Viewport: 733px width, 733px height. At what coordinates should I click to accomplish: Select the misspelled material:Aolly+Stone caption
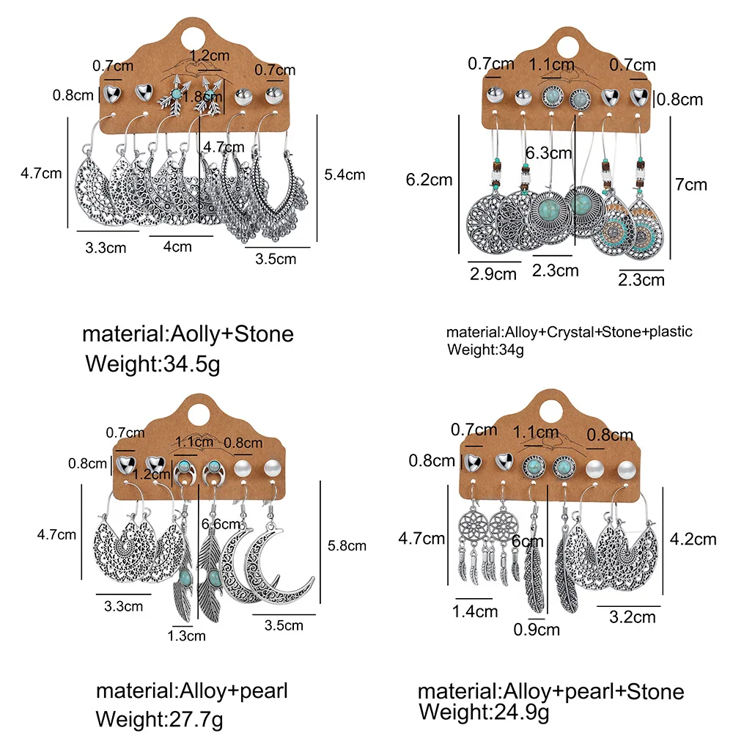(x=188, y=334)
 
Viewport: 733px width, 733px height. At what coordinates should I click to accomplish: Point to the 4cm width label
(x=177, y=246)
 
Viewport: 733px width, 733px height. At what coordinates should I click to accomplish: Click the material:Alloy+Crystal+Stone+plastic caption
(x=569, y=331)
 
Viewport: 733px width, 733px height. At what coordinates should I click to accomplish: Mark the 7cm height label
(x=692, y=184)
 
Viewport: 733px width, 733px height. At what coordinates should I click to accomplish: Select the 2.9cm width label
(x=493, y=274)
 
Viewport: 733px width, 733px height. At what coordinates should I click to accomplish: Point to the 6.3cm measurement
(x=548, y=154)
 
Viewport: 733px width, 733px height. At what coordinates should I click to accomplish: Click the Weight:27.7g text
(x=163, y=716)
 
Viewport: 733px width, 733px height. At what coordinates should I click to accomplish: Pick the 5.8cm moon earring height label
(x=347, y=545)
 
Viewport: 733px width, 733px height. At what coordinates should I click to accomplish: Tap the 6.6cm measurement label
(x=220, y=523)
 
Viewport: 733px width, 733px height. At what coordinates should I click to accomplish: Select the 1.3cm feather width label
(x=186, y=636)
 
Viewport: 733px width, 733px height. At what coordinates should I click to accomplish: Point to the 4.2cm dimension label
(x=694, y=539)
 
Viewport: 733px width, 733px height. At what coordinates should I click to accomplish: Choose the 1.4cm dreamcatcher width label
(x=476, y=610)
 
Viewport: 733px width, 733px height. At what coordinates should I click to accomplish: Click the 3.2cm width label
(x=632, y=617)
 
